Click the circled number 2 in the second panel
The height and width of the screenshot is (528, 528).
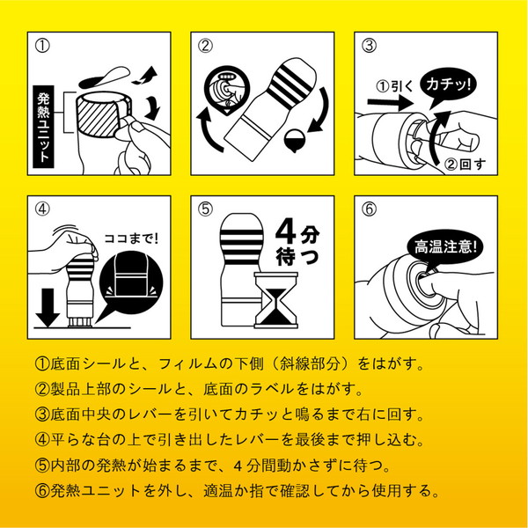[204, 44]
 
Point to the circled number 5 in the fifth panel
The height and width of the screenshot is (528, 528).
[204, 209]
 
